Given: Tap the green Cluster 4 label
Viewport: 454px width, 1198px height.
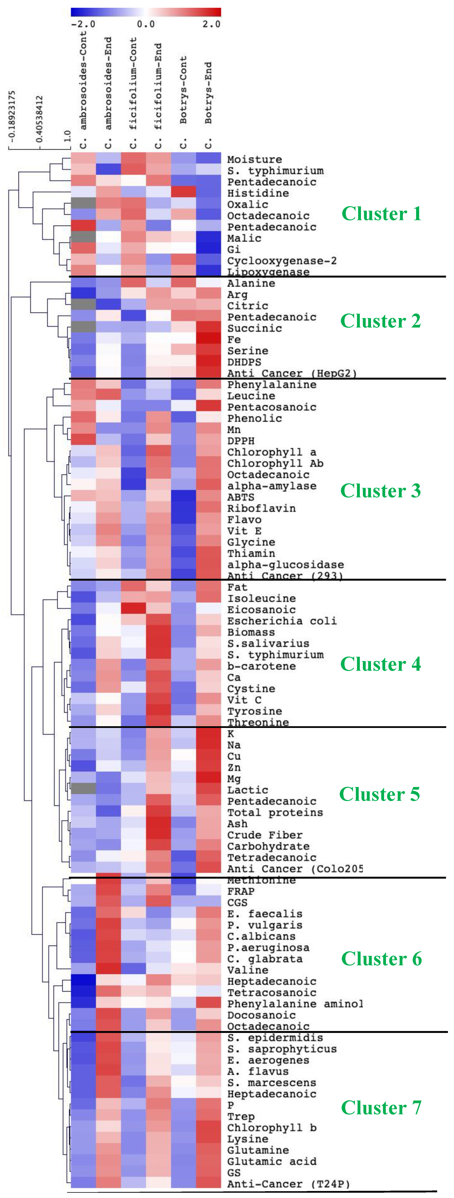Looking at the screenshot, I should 381,664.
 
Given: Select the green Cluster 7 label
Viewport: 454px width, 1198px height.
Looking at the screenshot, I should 381,1108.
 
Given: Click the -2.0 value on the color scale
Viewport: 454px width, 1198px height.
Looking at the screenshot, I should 83,24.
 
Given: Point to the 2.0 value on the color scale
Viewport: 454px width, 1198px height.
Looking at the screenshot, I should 211,24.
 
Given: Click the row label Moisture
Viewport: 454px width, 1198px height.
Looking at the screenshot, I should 254,159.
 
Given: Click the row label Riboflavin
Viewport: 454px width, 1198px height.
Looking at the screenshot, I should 261,508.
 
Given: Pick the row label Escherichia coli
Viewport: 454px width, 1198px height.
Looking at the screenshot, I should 282,621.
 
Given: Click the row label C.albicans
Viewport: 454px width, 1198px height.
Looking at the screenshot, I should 261,936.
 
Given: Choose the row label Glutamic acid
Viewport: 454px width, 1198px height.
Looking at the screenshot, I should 271,1161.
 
